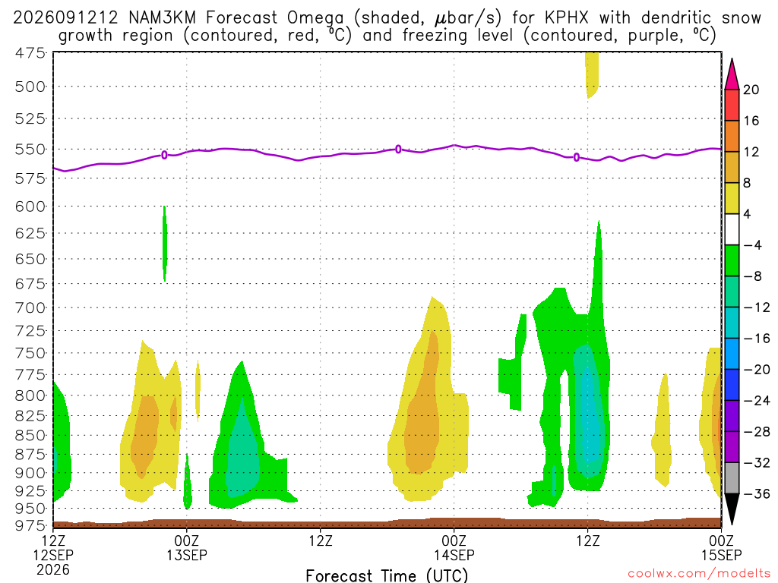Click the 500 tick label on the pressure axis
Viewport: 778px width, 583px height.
click(30, 87)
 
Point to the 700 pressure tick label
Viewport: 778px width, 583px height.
click(30, 308)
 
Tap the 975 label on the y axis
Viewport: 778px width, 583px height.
click(30, 525)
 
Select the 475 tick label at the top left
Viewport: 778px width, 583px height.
click(30, 52)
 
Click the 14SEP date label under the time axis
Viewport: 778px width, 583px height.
click(454, 555)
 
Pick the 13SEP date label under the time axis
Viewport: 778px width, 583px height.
click(187, 555)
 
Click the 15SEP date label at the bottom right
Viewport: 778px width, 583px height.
click(722, 555)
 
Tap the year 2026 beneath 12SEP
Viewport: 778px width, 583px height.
click(53, 569)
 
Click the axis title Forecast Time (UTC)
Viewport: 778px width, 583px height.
click(387, 575)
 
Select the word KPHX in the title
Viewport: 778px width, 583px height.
click(566, 18)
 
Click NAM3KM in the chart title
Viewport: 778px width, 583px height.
click(163, 18)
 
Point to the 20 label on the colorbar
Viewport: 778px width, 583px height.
click(751, 90)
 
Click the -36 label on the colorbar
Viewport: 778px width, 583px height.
click(756, 493)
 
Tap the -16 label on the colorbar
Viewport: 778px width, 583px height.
click(756, 339)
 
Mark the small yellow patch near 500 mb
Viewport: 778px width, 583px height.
click(591, 74)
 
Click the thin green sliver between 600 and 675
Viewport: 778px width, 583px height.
click(165, 244)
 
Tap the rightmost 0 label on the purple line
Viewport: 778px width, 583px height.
click(576, 157)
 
